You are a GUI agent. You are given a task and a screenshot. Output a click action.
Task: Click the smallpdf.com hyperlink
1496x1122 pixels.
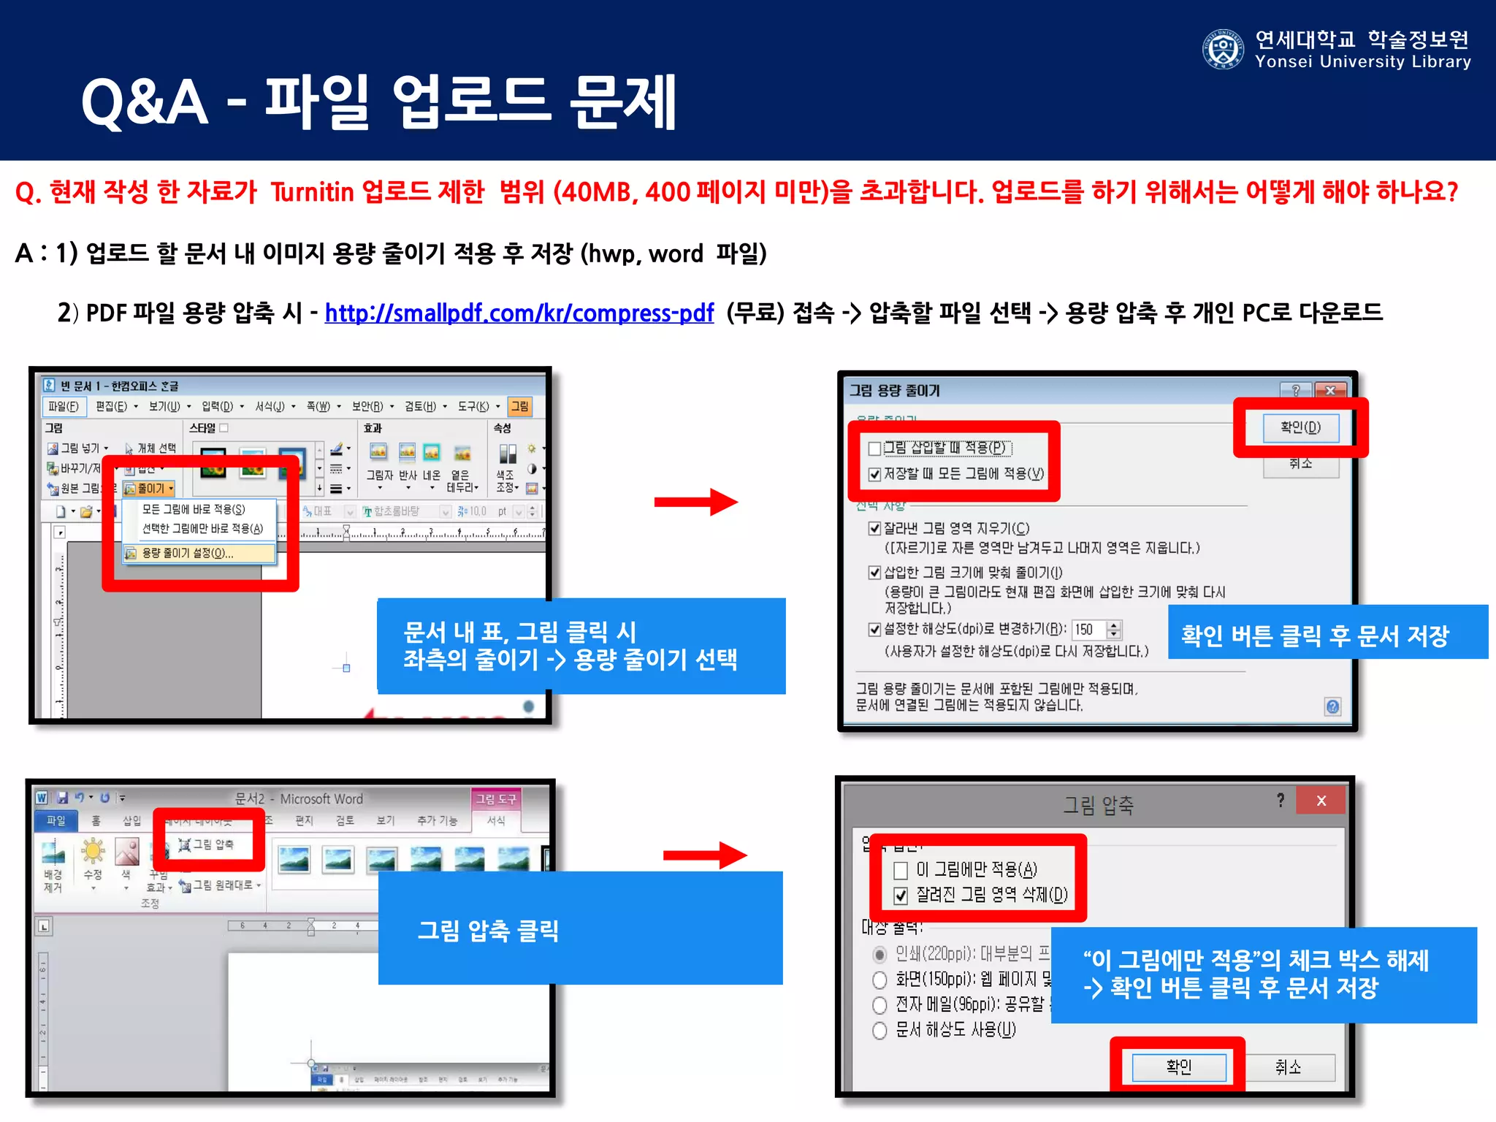coord(519,313)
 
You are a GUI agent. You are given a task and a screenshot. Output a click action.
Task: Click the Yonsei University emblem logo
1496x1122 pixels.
coord(1222,50)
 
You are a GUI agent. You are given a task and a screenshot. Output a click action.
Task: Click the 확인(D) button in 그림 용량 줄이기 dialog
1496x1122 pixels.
coord(1300,427)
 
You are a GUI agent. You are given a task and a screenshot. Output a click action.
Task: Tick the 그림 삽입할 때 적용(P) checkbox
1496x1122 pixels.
coord(874,448)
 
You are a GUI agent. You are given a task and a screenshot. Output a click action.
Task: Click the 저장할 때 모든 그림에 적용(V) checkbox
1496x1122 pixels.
coord(874,474)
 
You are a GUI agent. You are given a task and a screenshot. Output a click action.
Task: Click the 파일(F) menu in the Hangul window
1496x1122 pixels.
coord(64,406)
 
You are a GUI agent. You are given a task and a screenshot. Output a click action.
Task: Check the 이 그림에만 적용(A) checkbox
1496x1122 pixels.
coord(901,870)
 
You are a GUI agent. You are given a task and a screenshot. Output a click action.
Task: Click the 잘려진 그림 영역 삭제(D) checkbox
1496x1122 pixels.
coord(901,896)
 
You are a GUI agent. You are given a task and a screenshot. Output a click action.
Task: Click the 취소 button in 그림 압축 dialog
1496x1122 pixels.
coord(1288,1067)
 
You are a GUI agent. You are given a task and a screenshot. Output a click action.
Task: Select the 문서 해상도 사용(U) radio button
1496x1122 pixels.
coord(880,1030)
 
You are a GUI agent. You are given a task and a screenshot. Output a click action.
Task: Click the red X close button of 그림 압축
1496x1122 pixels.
coord(1321,801)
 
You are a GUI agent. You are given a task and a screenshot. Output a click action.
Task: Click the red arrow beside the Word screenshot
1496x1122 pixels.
coord(704,855)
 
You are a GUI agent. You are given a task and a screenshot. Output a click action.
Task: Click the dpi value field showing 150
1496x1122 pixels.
coord(1088,630)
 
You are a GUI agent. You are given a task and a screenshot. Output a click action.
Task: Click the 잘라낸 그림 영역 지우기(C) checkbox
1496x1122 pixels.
coord(874,528)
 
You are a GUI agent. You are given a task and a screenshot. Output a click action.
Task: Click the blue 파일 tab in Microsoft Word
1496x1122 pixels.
coord(56,820)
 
